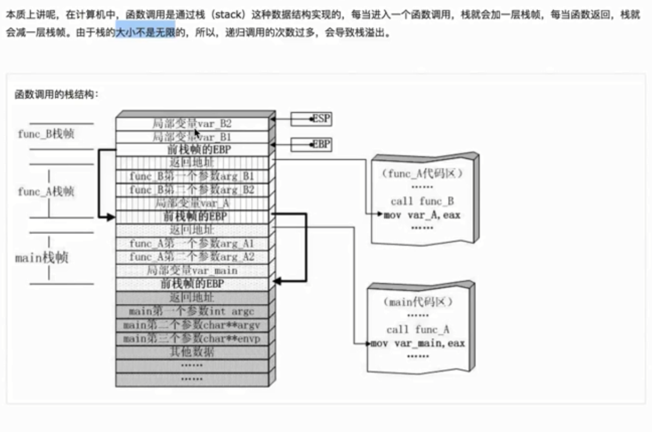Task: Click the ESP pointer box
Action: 311,119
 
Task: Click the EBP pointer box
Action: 311,144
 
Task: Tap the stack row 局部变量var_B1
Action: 192,137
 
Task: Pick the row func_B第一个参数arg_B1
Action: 192,177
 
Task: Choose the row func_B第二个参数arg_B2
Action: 192,190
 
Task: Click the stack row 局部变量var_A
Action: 192,203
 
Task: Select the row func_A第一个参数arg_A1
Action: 192,244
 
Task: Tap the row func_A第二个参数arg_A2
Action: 192,257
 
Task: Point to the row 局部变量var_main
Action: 192,270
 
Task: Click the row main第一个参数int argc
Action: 192,311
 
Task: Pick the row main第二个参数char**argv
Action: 192,325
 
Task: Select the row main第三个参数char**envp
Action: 192,339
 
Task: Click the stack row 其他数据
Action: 192,352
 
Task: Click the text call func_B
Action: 422,202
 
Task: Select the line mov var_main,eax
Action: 417,343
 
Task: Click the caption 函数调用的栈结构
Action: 56,94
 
